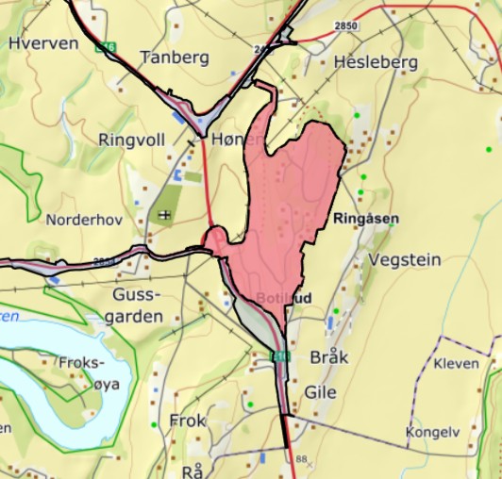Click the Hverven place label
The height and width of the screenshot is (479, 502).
(x=42, y=42)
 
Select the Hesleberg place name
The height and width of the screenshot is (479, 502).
(x=376, y=62)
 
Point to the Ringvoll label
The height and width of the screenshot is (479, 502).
(x=131, y=140)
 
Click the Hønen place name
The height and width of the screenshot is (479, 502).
(x=236, y=140)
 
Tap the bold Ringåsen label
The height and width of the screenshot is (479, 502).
(x=366, y=218)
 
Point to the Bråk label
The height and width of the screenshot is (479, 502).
(x=329, y=358)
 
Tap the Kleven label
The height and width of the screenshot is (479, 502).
(x=456, y=363)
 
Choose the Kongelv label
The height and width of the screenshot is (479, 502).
(x=432, y=433)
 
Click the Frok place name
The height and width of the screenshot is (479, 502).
(x=187, y=421)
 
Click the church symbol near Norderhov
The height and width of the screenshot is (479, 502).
(x=166, y=215)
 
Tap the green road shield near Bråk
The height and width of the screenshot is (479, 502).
(x=279, y=355)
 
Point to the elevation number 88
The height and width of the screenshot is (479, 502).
(x=302, y=460)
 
